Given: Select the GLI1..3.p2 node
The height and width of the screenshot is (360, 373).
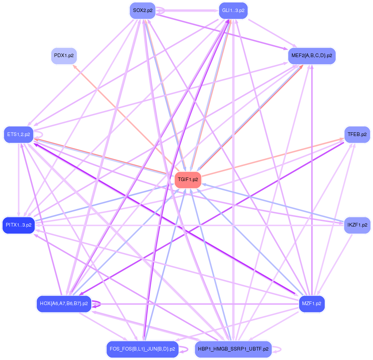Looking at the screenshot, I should [233, 11].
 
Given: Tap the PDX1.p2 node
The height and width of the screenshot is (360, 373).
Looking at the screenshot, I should [64, 56].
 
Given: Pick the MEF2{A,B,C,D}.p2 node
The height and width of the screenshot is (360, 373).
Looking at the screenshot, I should [312, 56].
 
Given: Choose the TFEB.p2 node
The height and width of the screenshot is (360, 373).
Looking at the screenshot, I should [357, 135].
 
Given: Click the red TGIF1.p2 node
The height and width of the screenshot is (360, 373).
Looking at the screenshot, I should [188, 180].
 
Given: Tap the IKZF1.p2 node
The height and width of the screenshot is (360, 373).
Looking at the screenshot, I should [357, 225].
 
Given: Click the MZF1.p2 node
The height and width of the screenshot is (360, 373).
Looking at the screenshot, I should [312, 304].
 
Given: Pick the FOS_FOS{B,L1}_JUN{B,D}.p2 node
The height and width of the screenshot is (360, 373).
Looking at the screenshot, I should [142, 349].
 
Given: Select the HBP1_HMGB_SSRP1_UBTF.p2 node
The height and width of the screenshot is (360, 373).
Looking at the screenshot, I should [233, 349].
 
